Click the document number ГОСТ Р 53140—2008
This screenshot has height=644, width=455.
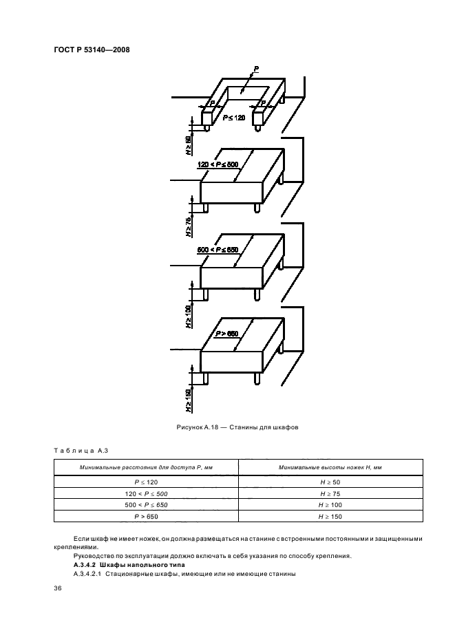pos(92,50)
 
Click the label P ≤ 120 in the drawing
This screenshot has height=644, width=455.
pos(233,118)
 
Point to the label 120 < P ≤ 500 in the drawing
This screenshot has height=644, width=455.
pos(218,164)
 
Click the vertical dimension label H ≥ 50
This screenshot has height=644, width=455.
pos(188,146)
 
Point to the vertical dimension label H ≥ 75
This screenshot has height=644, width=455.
pos(188,226)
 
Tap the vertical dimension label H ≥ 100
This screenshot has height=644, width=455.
pos(188,314)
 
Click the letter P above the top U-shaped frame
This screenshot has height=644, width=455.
pos(256,69)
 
